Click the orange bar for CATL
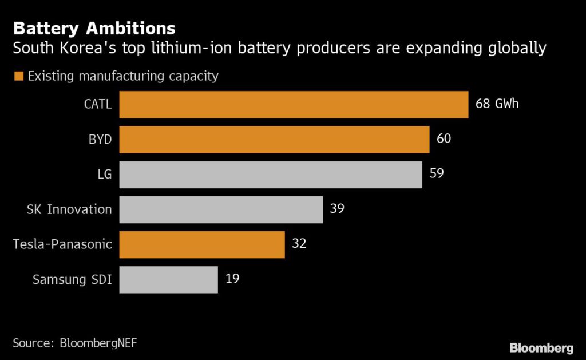(294, 105)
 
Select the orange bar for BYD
(274, 140)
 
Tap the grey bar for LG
(271, 175)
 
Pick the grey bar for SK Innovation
(221, 209)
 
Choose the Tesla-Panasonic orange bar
(202, 244)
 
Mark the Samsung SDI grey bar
(168, 279)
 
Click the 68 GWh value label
(497, 104)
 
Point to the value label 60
(444, 139)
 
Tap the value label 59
(437, 174)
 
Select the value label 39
(337, 209)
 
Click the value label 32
(299, 244)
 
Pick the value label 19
(232, 279)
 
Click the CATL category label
(97, 105)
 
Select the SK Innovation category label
(69, 209)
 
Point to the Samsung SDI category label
(72, 279)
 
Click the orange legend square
(19, 76)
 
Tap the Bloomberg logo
(541, 347)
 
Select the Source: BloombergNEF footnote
(75, 343)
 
